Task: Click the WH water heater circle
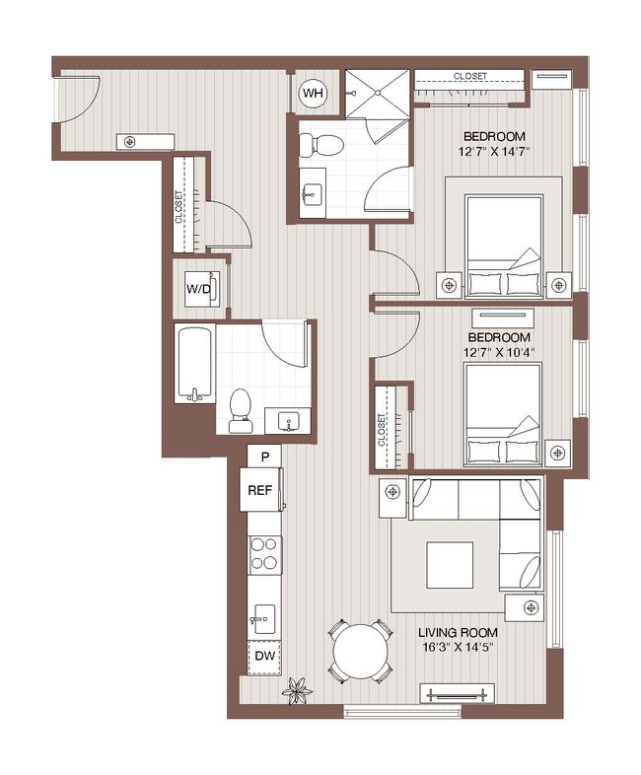point(314,94)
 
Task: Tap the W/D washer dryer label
point(198,289)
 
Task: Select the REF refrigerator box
point(259,490)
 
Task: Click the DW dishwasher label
point(263,656)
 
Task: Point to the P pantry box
point(263,456)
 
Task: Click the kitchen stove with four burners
point(264,555)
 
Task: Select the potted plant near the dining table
point(295,689)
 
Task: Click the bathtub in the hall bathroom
point(194,364)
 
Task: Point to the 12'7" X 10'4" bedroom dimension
point(493,352)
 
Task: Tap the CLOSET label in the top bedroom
point(469,77)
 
